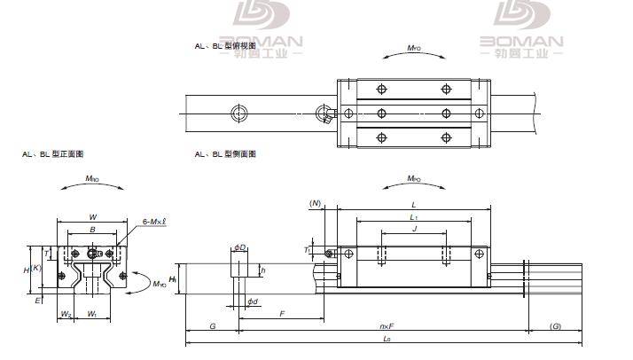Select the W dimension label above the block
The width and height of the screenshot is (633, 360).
tap(93, 216)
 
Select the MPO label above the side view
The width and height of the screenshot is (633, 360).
tap(413, 179)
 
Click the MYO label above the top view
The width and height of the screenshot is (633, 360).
tap(414, 48)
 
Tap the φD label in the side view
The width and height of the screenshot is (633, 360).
tap(239, 247)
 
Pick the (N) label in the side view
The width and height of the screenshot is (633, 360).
tap(315, 203)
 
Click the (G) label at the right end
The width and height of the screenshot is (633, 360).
tap(555, 327)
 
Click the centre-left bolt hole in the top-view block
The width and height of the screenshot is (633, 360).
tap(382, 113)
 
